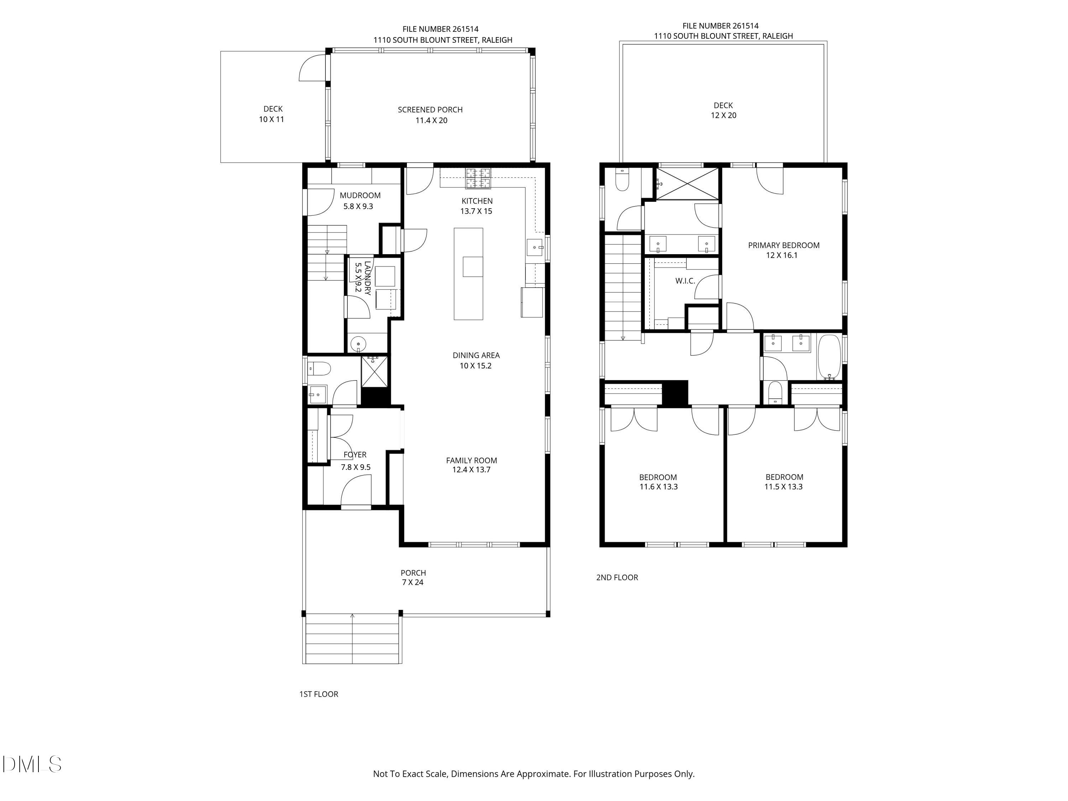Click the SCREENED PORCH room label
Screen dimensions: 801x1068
point(430,110)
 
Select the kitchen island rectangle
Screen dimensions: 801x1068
point(468,274)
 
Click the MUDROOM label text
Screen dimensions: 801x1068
point(360,195)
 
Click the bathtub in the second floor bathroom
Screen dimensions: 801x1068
point(829,357)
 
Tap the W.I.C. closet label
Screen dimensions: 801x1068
point(685,281)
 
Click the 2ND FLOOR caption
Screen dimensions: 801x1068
point(617,577)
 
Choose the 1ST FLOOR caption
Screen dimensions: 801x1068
point(319,694)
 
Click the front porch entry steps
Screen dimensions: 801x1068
point(352,638)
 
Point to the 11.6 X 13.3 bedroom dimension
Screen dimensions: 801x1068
point(659,487)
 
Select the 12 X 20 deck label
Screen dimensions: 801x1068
point(723,115)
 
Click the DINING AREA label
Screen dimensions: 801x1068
point(476,355)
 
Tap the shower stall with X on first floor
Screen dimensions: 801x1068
point(374,371)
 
